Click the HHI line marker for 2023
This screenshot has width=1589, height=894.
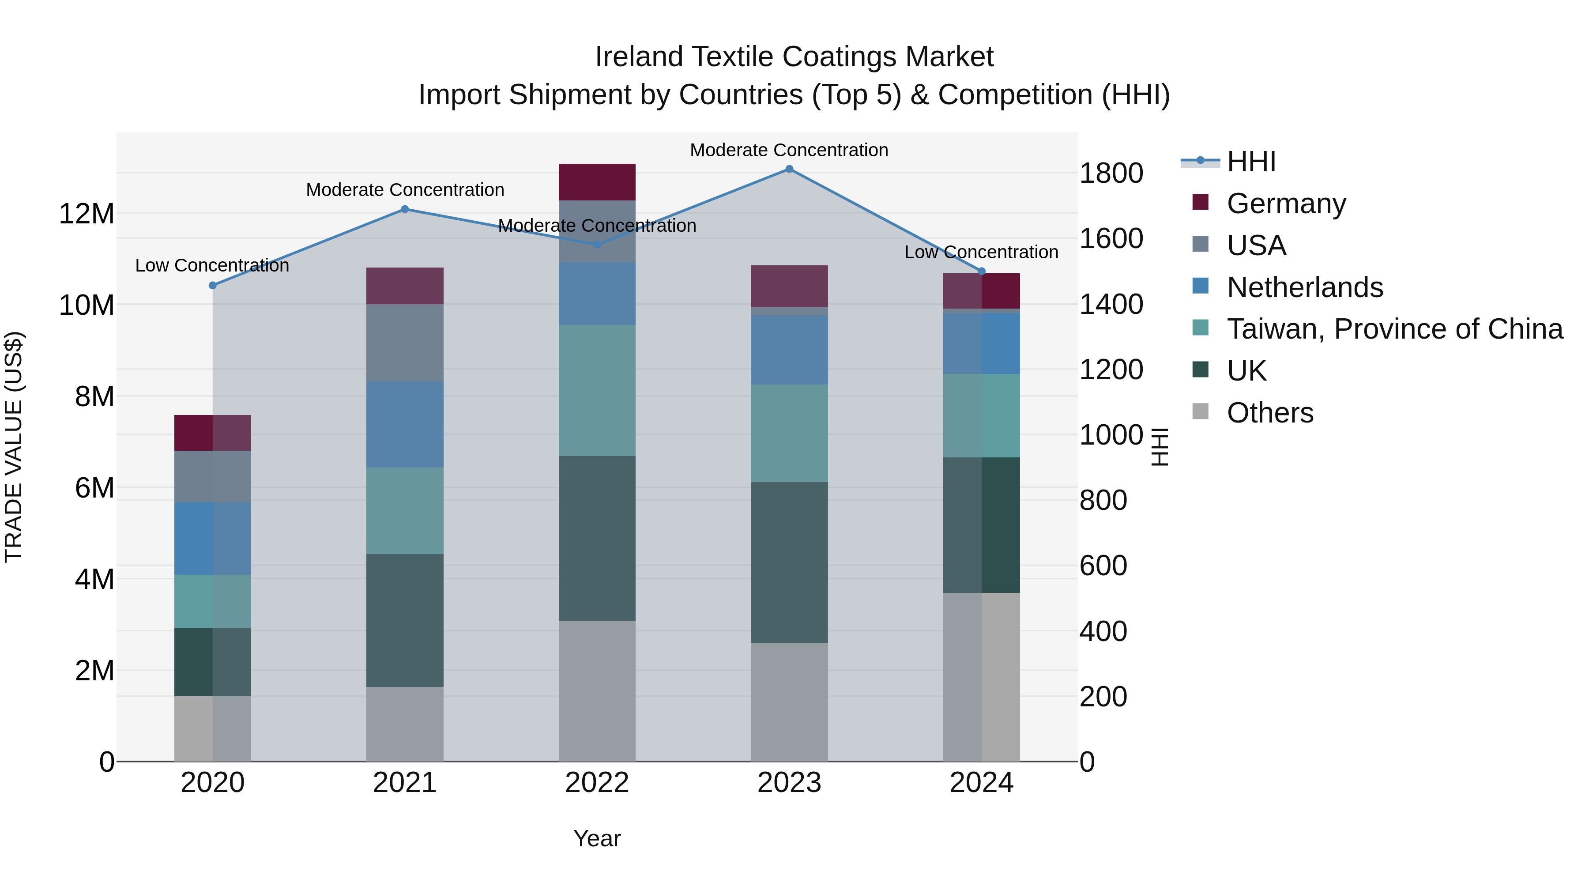(789, 169)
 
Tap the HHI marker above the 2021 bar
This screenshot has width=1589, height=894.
(405, 209)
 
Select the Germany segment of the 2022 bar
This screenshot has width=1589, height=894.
(596, 182)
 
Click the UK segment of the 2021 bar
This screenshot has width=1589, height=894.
(405, 620)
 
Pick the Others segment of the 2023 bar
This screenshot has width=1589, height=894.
(789, 702)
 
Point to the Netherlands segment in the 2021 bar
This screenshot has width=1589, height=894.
(405, 424)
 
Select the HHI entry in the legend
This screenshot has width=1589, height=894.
(1251, 162)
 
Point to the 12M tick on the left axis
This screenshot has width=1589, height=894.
(87, 214)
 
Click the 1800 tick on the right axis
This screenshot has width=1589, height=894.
(1111, 174)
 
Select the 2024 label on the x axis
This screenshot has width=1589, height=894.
(981, 783)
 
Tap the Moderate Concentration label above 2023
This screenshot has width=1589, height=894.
(789, 150)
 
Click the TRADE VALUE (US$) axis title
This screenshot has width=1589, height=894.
(14, 447)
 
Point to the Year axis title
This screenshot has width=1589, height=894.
(596, 838)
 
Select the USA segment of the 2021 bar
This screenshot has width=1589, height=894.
(405, 343)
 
